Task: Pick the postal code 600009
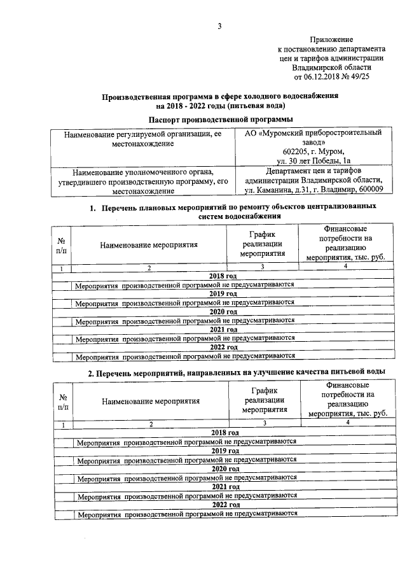366,190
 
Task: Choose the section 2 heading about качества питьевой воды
235,372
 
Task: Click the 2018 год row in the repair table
223,276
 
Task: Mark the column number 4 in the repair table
345,266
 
